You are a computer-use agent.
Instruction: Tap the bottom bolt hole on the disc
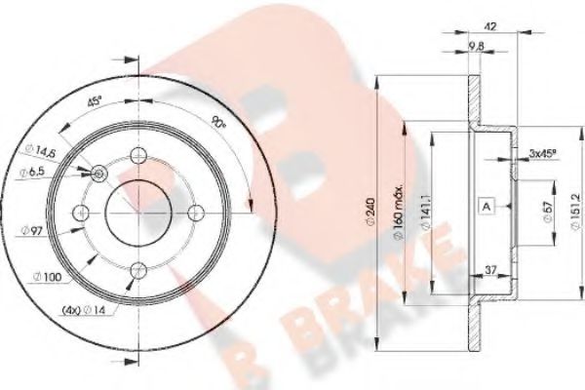tap(138, 269)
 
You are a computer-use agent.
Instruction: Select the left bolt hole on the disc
tap(82, 213)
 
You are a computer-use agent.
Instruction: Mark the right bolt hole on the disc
tap(195, 213)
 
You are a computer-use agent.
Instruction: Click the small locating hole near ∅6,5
tap(99, 173)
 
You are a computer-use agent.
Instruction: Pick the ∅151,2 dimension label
tap(568, 208)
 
